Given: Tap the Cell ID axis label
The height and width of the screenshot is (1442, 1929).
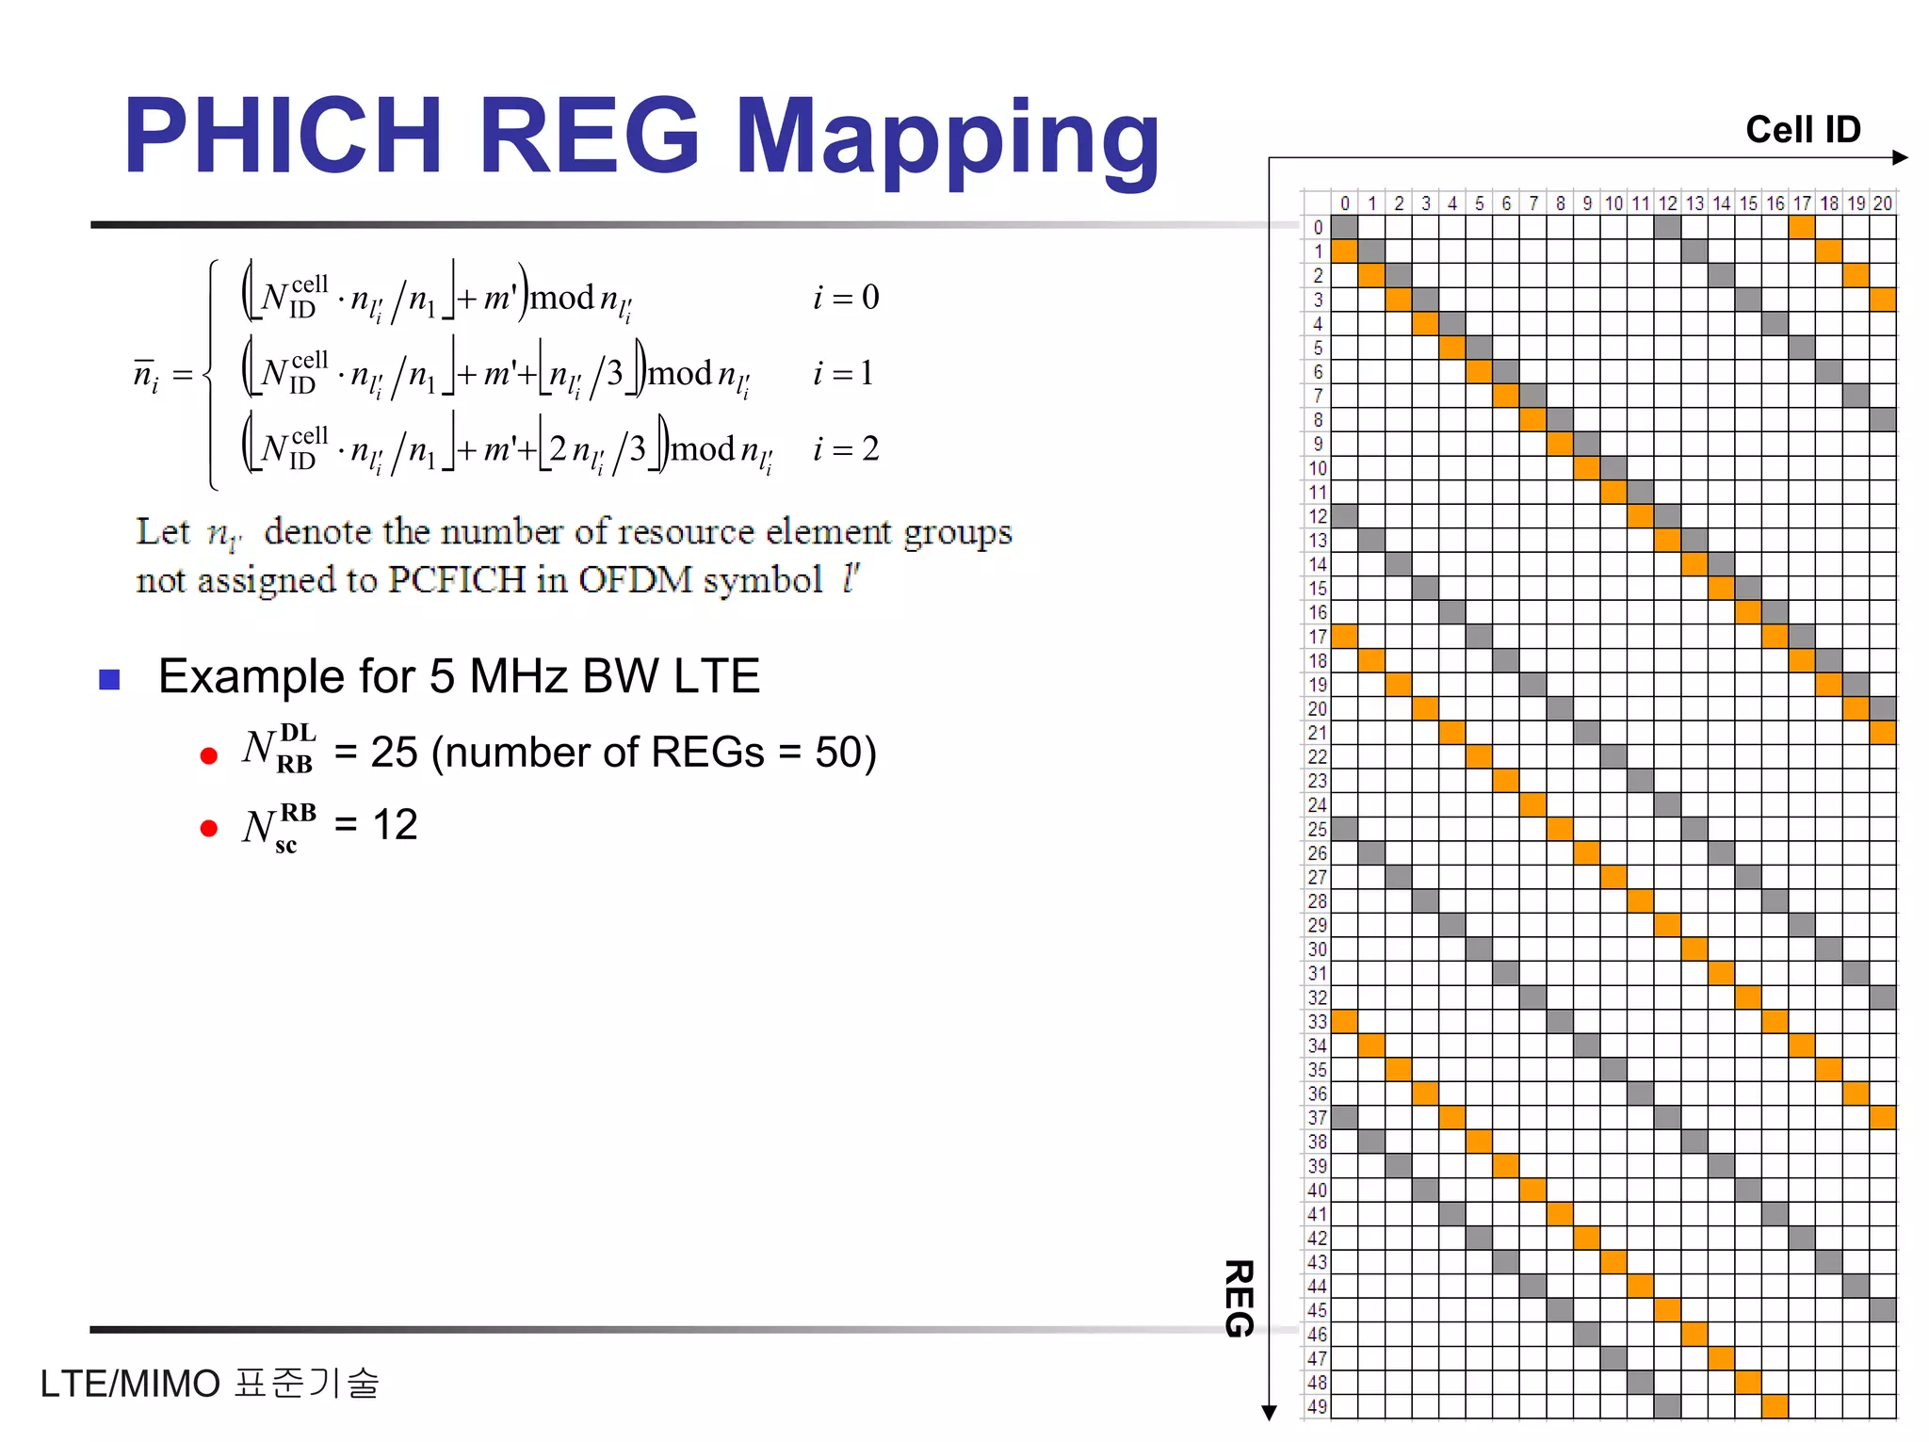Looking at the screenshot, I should point(1803,129).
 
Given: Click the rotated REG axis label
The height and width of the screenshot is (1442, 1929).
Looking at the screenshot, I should point(1238,1298).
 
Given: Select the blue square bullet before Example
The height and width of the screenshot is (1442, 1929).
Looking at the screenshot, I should point(109,679).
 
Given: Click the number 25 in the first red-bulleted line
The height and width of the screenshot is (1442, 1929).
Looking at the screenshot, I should point(394,752).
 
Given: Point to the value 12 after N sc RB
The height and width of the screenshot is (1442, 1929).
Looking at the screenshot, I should point(395,824).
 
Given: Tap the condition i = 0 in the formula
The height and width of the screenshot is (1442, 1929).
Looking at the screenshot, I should point(846,298).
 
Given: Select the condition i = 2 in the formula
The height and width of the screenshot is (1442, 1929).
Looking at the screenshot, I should point(846,448).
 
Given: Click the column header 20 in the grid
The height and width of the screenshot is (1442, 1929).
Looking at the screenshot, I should point(1882,203).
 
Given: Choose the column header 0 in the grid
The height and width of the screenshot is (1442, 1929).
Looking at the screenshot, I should point(1344,203).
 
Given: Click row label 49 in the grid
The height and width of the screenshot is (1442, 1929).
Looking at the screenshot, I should point(1317,1406).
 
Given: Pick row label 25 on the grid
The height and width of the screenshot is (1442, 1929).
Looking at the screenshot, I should point(1317,829).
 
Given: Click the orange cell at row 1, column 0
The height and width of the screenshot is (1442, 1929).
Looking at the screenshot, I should point(1344,251).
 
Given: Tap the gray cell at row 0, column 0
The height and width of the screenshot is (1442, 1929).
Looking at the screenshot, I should point(1344,227).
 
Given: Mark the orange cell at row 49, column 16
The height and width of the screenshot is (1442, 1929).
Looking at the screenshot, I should point(1775,1406).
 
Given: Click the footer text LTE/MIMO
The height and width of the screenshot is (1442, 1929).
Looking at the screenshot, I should point(130,1384).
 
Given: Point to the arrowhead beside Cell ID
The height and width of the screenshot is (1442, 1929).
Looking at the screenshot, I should point(1900,157).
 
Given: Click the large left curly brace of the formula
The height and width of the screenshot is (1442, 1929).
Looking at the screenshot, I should point(213,374).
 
